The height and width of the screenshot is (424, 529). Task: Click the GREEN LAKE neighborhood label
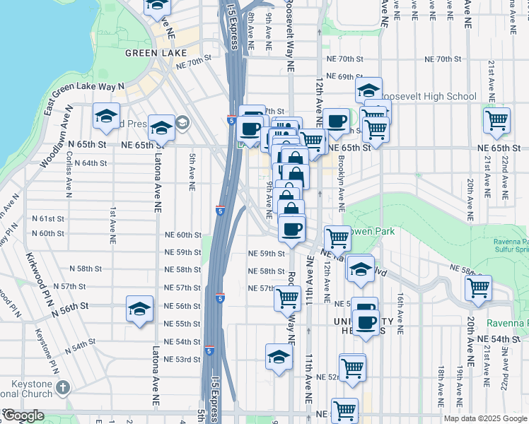tap(156, 53)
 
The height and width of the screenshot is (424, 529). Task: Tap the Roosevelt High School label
tap(429, 96)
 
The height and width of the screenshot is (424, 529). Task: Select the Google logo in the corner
tap(23, 416)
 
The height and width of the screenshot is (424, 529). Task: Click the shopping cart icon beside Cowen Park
tap(337, 238)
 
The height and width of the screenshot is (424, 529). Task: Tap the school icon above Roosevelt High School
tap(368, 90)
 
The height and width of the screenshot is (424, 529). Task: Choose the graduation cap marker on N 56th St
tap(140, 308)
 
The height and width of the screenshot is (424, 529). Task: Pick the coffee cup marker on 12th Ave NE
tap(337, 120)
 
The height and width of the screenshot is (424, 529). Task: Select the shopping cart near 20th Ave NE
tap(479, 288)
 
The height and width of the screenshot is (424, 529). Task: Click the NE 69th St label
tap(344, 76)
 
